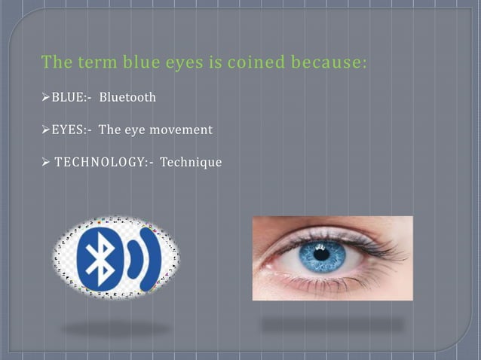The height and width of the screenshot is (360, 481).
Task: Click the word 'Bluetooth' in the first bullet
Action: point(127,97)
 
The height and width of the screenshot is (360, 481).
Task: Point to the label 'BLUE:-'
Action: point(71,97)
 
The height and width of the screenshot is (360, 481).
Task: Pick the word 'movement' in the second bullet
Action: point(180,130)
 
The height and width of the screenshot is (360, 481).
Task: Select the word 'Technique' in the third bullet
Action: point(191,163)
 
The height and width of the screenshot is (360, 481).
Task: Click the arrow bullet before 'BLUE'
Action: point(45,97)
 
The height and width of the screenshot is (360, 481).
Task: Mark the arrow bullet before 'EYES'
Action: point(45,130)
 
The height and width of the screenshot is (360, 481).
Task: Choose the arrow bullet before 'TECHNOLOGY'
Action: point(45,163)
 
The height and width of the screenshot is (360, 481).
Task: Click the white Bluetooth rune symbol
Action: point(99,257)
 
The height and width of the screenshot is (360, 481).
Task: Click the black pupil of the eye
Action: point(321,254)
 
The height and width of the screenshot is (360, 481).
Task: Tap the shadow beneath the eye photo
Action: point(332,325)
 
